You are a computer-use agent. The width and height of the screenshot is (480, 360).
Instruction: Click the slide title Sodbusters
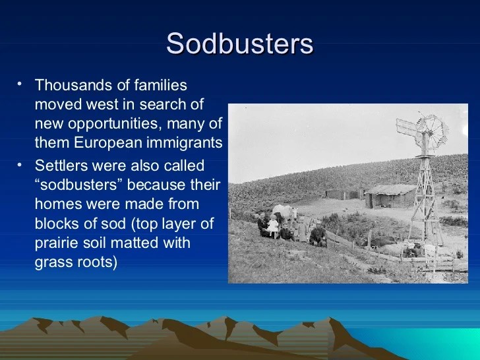point(240,44)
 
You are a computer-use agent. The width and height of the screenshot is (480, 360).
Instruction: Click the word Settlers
point(61,165)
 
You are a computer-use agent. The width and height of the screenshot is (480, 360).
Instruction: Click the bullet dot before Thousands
point(20,84)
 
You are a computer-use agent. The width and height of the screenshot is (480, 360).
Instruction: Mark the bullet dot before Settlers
point(20,165)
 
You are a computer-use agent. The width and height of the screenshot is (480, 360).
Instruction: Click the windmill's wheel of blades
point(431,132)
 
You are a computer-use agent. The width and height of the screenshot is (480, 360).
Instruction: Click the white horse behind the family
point(285,212)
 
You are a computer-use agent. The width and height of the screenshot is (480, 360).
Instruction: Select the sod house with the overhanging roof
point(390,196)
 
